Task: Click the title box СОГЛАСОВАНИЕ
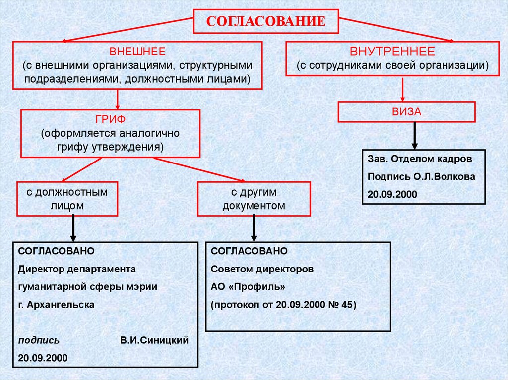pyautogui.click(x=265, y=21)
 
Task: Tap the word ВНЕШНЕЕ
pyautogui.click(x=137, y=52)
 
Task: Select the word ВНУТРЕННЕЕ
pyautogui.click(x=392, y=52)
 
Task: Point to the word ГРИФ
pyautogui.click(x=110, y=119)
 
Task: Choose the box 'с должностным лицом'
pyautogui.click(x=67, y=199)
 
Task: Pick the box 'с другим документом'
pyautogui.click(x=254, y=199)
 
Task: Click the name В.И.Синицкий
pyautogui.click(x=154, y=341)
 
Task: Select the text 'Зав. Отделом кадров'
pyautogui.click(x=420, y=159)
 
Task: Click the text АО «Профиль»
pyautogui.click(x=248, y=287)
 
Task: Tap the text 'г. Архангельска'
pyautogui.click(x=56, y=305)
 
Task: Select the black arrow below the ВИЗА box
pyautogui.click(x=415, y=135)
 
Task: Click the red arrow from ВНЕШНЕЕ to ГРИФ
pyautogui.click(x=118, y=99)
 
